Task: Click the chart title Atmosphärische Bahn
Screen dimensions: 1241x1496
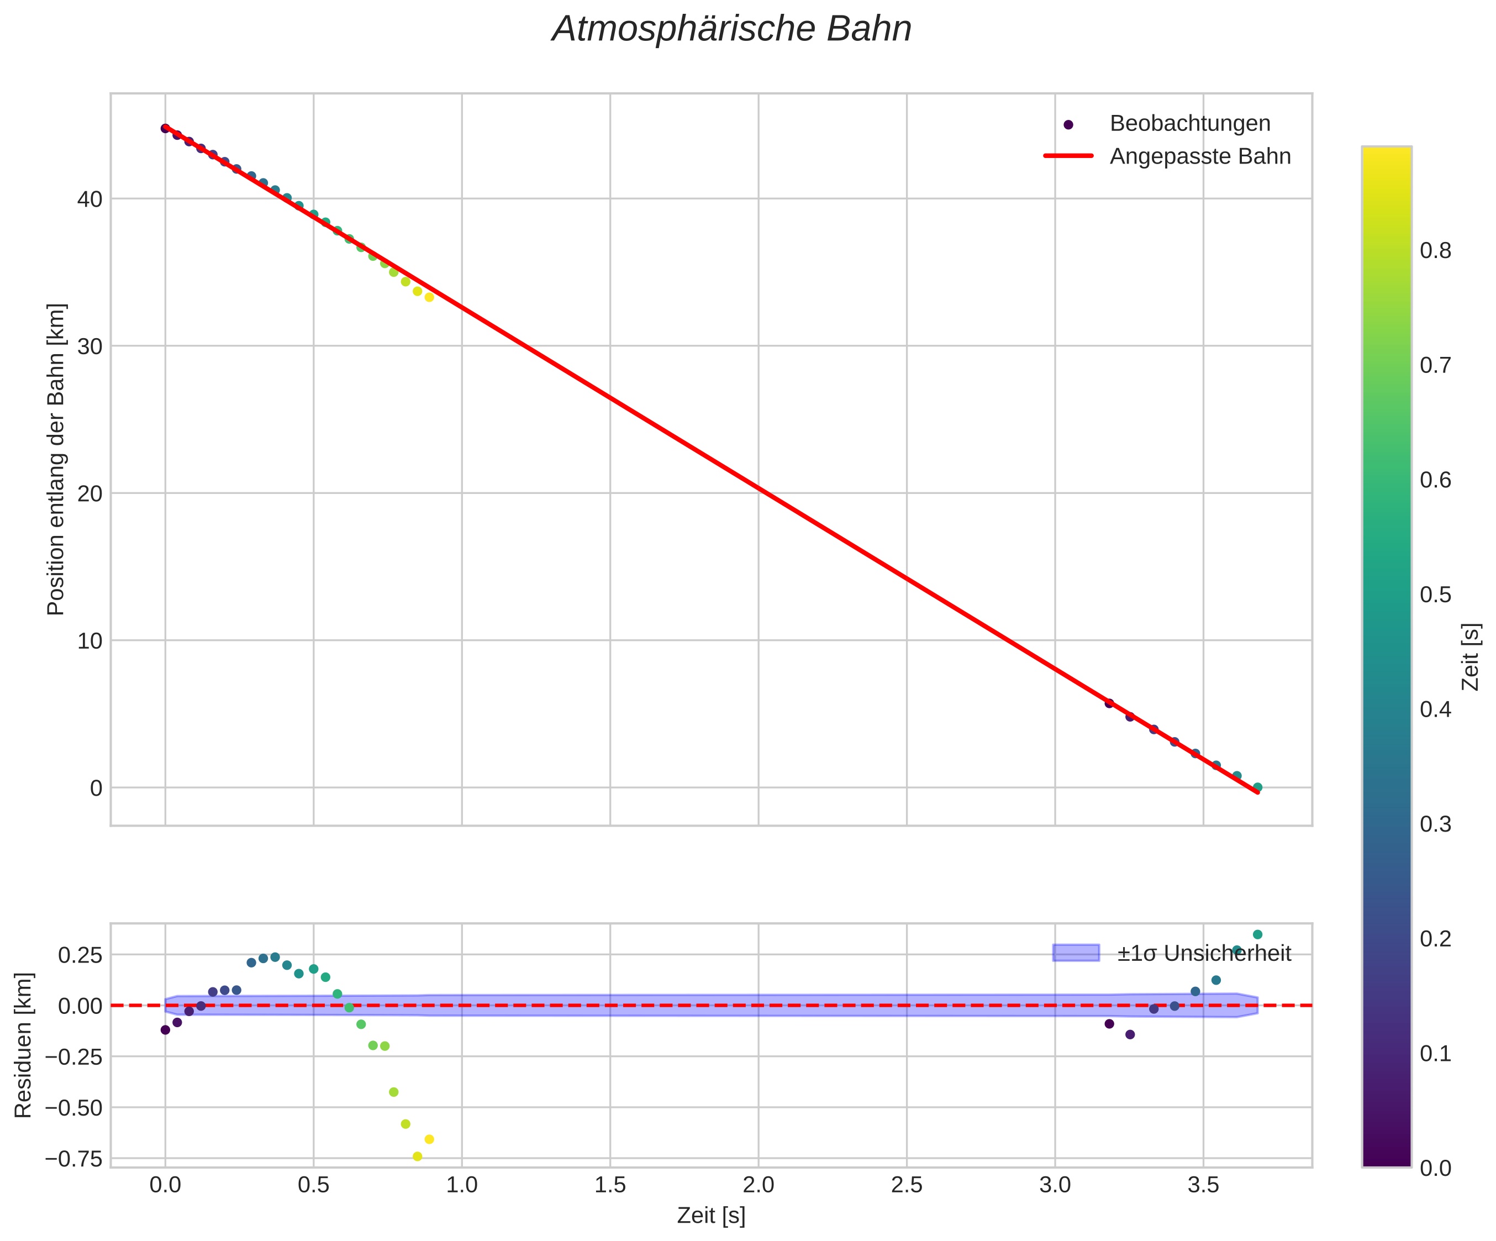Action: click(731, 30)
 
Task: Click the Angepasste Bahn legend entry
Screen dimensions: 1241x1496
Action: click(1200, 156)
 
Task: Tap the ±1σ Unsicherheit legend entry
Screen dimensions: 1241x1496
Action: click(1203, 953)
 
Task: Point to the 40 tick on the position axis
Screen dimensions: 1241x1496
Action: click(89, 199)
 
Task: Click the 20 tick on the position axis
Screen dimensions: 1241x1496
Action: click(89, 493)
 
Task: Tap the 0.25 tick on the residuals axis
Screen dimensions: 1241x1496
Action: click(80, 955)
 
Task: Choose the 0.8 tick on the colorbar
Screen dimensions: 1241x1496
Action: click(1435, 251)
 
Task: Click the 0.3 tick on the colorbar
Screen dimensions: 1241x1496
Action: click(1435, 824)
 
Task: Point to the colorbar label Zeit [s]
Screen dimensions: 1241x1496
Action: click(1471, 657)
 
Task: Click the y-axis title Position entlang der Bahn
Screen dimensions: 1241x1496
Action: click(56, 460)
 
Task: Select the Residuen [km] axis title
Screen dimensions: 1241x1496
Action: click(24, 1044)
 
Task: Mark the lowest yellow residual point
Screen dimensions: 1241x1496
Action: click(418, 1156)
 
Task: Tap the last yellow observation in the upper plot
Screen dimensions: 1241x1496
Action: click(429, 297)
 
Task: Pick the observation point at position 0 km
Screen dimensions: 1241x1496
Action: click(1257, 787)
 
